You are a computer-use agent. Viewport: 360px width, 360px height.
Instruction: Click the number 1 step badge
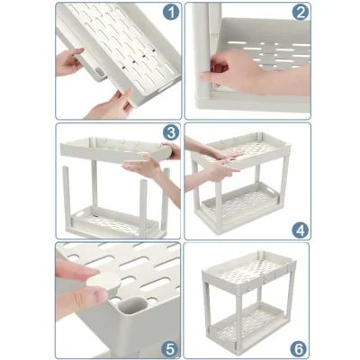pos(171,13)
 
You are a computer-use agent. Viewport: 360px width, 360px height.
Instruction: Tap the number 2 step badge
pos(301,13)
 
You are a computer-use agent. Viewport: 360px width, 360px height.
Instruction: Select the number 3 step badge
pos(171,132)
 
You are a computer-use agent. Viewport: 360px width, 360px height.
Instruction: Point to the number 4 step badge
pos(301,230)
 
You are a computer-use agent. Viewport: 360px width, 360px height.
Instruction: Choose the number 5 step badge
pos(170,349)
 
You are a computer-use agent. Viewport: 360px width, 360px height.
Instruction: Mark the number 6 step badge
pos(299,349)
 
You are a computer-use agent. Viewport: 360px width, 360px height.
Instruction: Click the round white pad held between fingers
pos(103,281)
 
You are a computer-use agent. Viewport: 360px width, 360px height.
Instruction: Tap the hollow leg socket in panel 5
pos(133,308)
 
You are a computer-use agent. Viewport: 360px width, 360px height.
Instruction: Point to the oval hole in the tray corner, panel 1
pos(100,72)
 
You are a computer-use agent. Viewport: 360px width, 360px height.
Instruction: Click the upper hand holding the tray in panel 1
pos(68,62)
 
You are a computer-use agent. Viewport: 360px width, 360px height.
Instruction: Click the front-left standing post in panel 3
pos(67,196)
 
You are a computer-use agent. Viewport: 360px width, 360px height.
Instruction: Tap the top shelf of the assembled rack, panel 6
pos(249,272)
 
